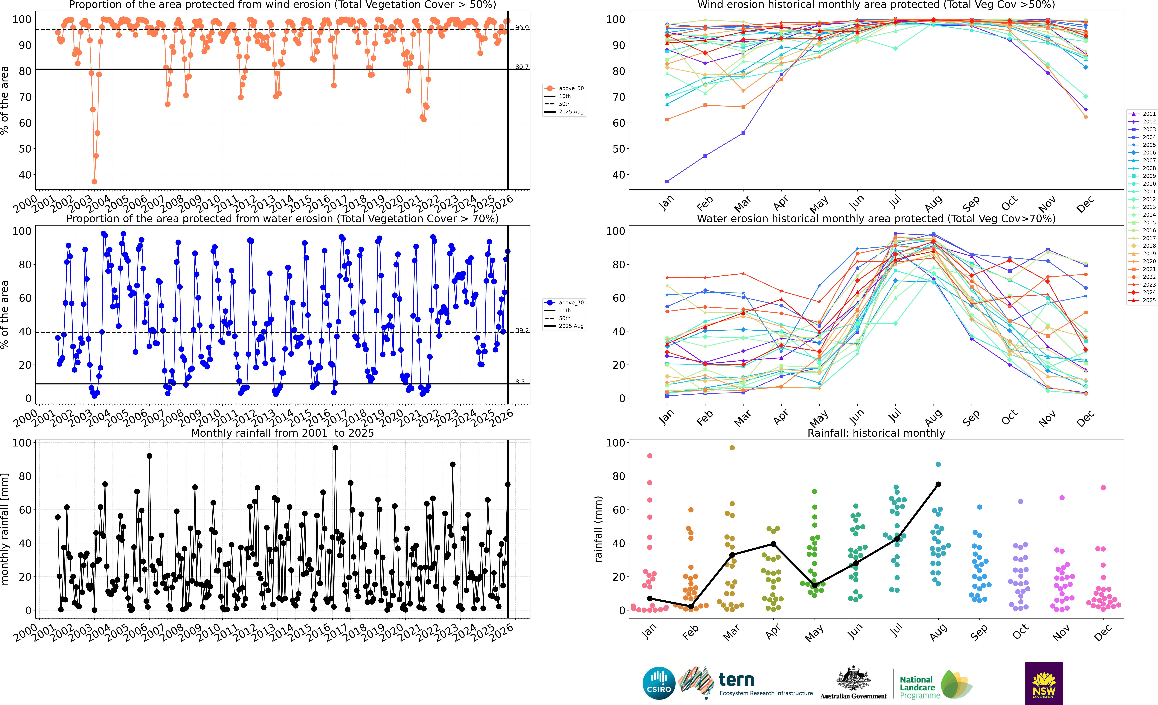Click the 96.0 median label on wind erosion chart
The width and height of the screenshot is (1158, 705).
coord(522,27)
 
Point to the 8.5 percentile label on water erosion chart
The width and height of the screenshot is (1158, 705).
coord(520,382)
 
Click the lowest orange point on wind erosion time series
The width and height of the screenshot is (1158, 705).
coord(95,181)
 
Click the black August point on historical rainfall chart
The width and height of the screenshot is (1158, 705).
coord(938,484)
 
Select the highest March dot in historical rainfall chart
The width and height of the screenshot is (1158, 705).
coord(732,447)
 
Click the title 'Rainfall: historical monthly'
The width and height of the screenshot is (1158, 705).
coord(876,433)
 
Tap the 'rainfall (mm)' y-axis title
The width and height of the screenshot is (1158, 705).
coord(598,529)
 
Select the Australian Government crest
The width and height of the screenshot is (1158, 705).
coord(853,679)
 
